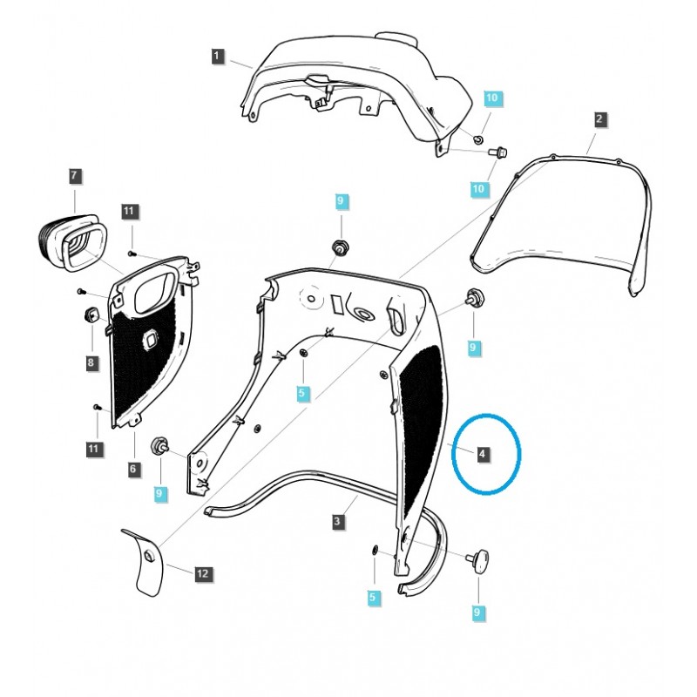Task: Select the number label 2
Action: point(599,118)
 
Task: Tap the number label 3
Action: point(337,522)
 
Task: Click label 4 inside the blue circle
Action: point(484,454)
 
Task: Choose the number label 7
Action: point(74,176)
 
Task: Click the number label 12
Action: point(202,574)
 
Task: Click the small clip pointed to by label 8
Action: point(89,315)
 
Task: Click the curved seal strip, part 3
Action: point(288,488)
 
